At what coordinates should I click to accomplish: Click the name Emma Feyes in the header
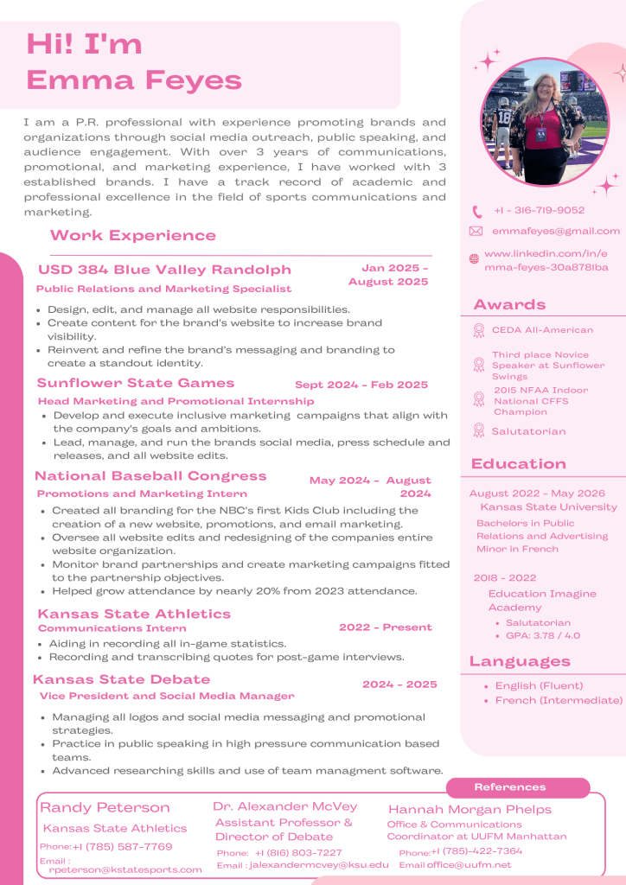click(x=134, y=80)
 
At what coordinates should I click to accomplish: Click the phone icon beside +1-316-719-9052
click(x=476, y=211)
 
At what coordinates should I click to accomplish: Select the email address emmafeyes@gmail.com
click(x=556, y=231)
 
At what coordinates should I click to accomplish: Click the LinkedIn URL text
click(x=546, y=260)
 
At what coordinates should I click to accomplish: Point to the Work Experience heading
click(x=133, y=235)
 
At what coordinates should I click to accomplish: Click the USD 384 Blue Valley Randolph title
click(x=164, y=270)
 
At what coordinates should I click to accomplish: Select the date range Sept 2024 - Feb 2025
click(x=361, y=385)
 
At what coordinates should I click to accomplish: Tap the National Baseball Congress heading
click(x=150, y=475)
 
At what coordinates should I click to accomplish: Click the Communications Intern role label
click(x=112, y=628)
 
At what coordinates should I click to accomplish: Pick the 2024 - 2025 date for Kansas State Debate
click(x=399, y=684)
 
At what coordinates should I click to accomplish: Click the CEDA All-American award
click(x=542, y=330)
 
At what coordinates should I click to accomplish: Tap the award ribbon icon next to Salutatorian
click(x=479, y=430)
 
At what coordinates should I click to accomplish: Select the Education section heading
click(x=518, y=464)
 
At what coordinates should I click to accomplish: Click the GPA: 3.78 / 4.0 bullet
click(x=543, y=635)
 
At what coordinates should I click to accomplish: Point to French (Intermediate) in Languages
click(x=559, y=700)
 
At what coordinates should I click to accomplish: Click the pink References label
click(x=510, y=787)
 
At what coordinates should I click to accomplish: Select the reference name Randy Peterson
click(x=105, y=807)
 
